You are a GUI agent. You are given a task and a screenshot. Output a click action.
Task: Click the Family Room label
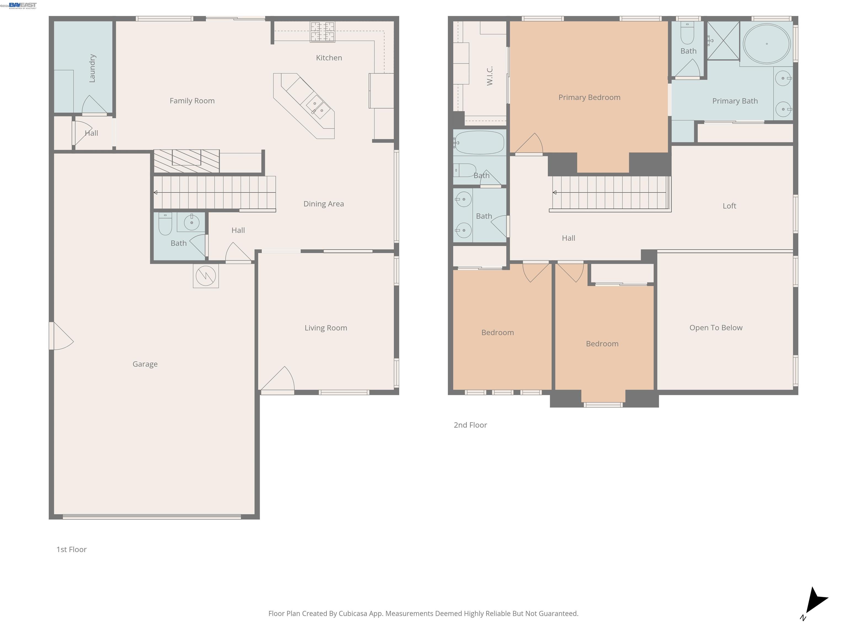(192, 101)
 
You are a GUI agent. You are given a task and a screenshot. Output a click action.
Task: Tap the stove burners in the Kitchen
(322, 32)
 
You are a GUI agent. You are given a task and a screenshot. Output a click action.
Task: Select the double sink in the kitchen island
(318, 106)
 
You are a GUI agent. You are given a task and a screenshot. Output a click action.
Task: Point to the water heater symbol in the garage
(206, 276)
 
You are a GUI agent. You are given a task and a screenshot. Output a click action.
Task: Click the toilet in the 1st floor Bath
(165, 224)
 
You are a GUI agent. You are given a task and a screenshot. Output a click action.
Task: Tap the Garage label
(145, 364)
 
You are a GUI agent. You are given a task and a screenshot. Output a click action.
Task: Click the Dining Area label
(324, 204)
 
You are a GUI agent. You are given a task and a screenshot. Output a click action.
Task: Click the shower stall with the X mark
(723, 41)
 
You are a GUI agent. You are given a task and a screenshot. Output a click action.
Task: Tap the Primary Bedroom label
(589, 97)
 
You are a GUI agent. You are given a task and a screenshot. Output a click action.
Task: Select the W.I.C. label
(489, 76)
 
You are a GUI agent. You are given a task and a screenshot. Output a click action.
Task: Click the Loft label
(729, 206)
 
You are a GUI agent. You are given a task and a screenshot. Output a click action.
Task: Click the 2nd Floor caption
(470, 425)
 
